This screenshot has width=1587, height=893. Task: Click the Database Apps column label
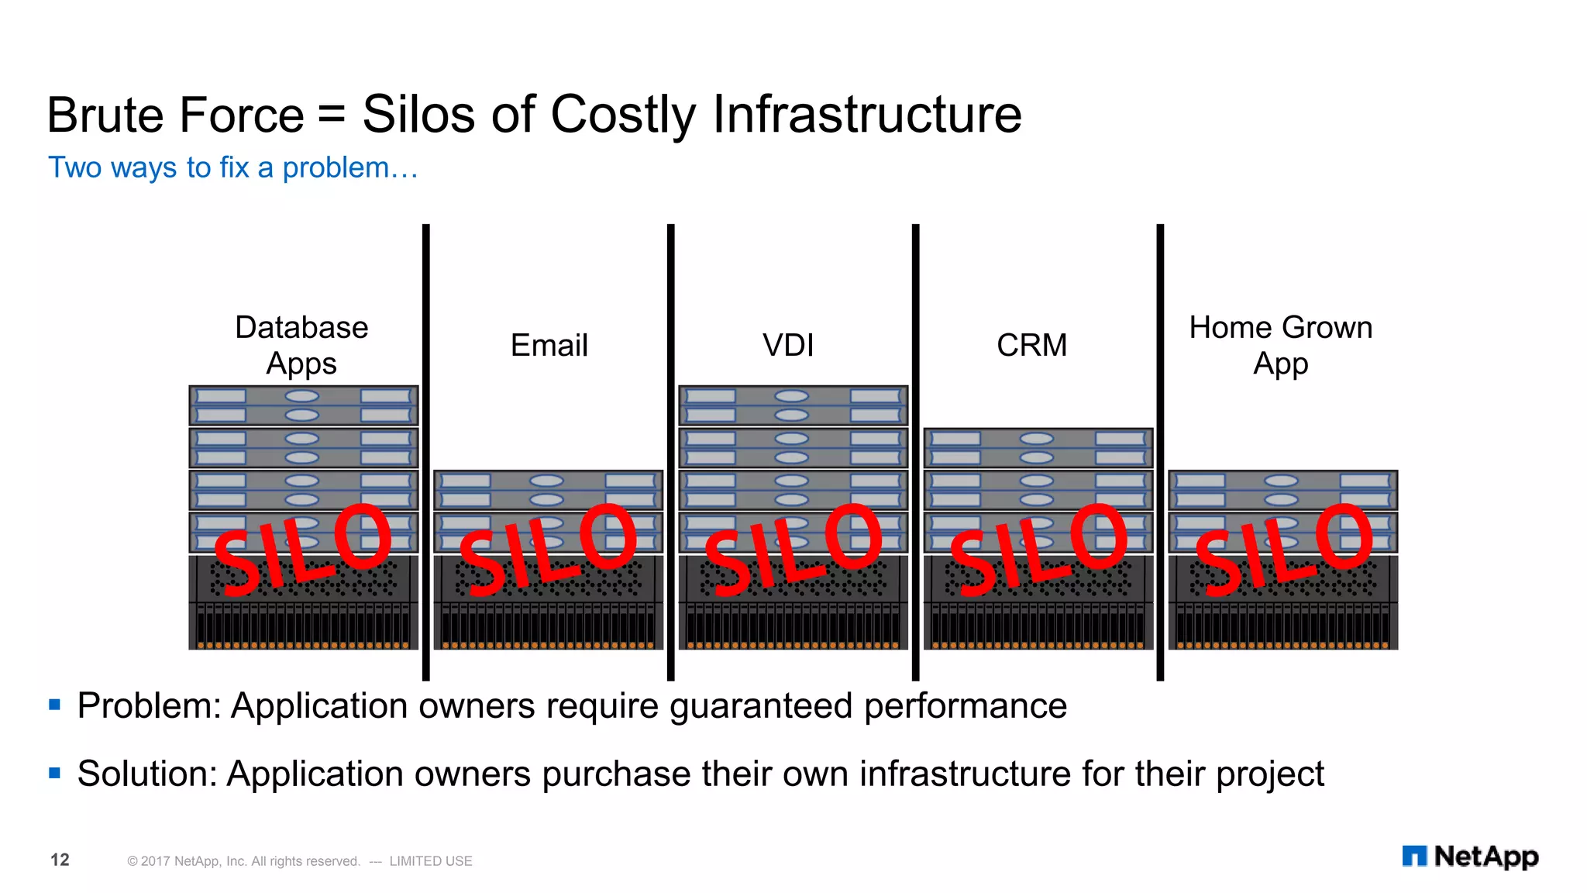pyautogui.click(x=301, y=345)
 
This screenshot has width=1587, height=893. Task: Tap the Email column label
pyautogui.click(x=549, y=345)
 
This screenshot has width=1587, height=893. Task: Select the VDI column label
pyautogui.click(x=788, y=345)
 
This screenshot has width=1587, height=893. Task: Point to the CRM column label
pyautogui.click(x=1031, y=345)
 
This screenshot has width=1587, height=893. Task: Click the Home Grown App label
pyautogui.click(x=1280, y=345)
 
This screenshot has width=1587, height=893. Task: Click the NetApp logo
pyautogui.click(x=1470, y=857)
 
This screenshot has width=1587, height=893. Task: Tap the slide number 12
pyautogui.click(x=60, y=860)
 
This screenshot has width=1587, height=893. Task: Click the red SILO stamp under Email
pyautogui.click(x=548, y=549)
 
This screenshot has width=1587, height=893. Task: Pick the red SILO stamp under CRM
pyautogui.click(x=1038, y=549)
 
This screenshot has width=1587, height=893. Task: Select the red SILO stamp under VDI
pyautogui.click(x=793, y=549)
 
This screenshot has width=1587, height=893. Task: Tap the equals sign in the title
pyautogui.click(x=331, y=116)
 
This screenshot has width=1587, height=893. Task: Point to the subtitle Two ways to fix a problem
pyautogui.click(x=232, y=167)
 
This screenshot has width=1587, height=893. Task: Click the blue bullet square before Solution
pyautogui.click(x=54, y=773)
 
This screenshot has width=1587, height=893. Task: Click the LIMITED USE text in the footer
pyautogui.click(x=431, y=861)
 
